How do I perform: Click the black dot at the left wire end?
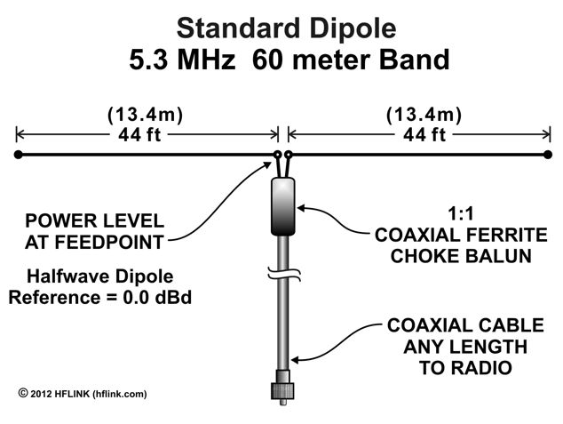tap(18, 156)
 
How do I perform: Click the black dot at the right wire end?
tap(548, 156)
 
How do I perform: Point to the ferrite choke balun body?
tap(282, 205)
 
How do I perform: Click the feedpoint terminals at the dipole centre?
tap(282, 156)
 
